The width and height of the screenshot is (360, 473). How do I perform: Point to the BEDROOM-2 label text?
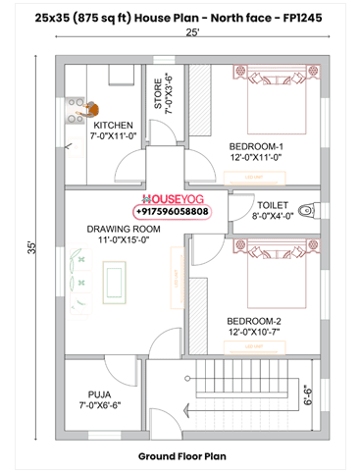click(254, 326)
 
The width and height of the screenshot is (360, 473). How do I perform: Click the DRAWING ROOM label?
click(123, 234)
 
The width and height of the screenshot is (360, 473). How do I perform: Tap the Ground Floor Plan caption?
click(181, 456)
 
